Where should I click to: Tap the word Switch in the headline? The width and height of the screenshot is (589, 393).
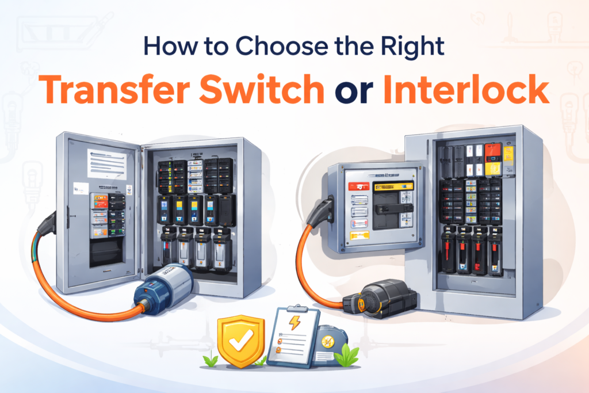[262, 89]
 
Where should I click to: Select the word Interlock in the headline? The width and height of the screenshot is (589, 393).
[466, 89]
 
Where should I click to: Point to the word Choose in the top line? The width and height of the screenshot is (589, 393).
[282, 46]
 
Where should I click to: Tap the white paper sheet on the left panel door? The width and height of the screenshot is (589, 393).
[106, 164]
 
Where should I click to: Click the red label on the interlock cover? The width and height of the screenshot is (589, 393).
[359, 186]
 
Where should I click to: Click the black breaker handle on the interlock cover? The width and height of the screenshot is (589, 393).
[392, 209]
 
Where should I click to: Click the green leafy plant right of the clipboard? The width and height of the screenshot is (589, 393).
[346, 356]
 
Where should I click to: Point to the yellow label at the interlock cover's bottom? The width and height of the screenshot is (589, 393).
[359, 236]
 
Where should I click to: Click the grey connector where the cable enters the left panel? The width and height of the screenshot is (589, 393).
[48, 223]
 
